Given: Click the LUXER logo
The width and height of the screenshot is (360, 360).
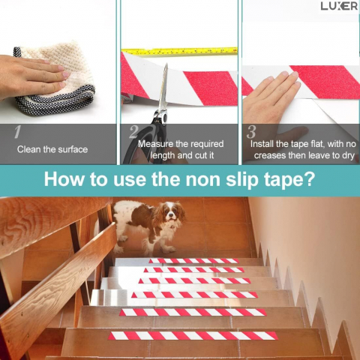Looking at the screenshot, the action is [x=339, y=6].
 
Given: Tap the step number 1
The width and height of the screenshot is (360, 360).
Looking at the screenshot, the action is [x=17, y=132].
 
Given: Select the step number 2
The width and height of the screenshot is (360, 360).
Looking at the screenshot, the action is [x=134, y=132].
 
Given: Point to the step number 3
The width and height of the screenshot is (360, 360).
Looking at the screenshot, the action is [x=251, y=132].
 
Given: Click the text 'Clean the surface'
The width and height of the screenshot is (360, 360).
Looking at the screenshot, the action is [x=52, y=149].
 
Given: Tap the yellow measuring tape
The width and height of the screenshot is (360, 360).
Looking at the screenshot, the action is [x=179, y=51].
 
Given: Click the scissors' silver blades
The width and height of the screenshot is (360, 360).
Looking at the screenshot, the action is [x=163, y=88].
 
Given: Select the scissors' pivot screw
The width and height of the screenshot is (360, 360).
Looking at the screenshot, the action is [x=164, y=117].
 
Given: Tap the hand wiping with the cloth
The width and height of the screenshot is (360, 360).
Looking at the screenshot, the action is [x=31, y=75].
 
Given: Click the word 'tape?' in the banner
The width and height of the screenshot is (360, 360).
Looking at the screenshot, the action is [x=289, y=179].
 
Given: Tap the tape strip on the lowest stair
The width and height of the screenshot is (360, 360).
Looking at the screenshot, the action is [x=193, y=336].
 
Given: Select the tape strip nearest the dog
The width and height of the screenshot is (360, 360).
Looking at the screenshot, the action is [x=194, y=261].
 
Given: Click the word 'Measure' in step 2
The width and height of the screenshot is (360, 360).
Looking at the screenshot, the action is [x=155, y=144].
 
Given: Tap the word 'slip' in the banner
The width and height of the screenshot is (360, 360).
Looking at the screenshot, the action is [x=242, y=179].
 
